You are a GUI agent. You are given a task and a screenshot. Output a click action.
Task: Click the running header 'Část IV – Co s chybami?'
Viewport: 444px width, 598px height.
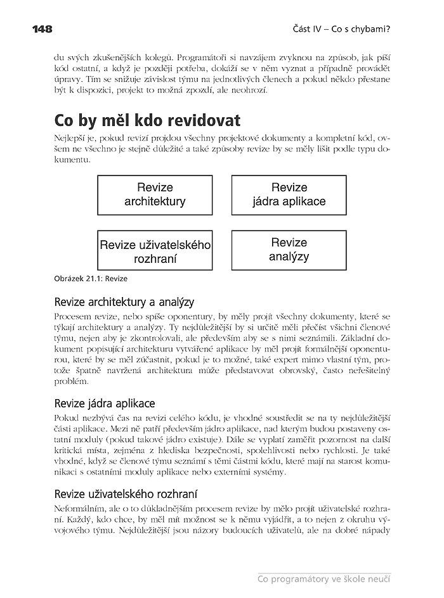(x=341, y=29)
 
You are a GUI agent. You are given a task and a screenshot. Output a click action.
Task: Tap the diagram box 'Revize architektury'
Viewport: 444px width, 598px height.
(x=155, y=195)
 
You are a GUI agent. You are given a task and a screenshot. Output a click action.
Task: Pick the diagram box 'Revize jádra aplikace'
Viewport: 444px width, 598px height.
(x=289, y=195)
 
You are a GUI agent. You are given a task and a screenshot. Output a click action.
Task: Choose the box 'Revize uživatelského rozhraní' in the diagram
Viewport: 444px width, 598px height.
(x=155, y=251)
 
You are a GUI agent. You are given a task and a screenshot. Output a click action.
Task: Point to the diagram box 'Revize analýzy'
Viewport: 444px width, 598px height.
(x=289, y=250)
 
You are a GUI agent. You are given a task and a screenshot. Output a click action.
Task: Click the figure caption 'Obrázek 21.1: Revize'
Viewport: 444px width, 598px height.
(x=91, y=278)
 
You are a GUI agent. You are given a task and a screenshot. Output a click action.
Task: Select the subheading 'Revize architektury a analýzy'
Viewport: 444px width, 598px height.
(x=124, y=301)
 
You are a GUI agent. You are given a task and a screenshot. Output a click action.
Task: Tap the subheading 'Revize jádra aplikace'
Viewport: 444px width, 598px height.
(x=105, y=403)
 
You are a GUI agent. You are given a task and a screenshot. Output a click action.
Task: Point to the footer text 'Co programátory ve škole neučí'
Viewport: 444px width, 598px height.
(x=323, y=578)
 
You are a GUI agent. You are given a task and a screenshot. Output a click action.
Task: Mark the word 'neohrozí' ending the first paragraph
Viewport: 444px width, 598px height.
(x=251, y=89)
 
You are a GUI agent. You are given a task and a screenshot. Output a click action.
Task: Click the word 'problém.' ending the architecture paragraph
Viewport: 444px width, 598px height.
(x=72, y=382)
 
